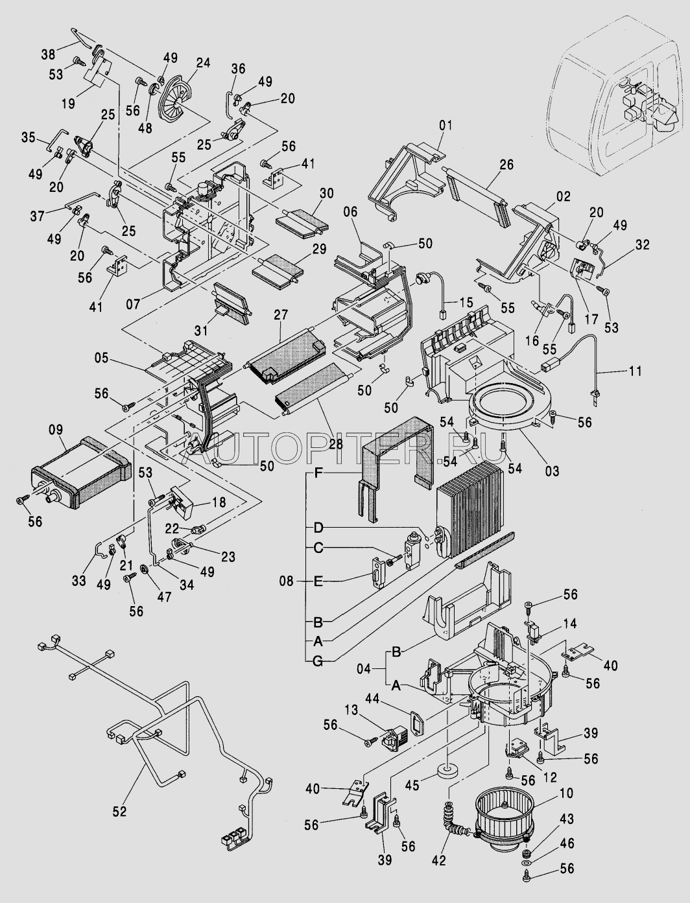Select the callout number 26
(506, 165)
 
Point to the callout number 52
(119, 810)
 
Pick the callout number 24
(203, 63)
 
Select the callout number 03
(551, 471)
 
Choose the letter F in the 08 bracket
(318, 474)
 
